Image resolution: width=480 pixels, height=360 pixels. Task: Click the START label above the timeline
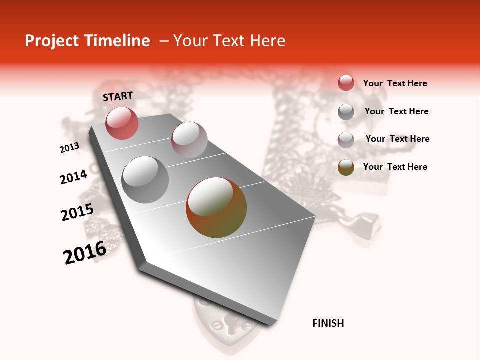click(118, 96)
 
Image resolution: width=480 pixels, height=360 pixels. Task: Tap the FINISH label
click(328, 323)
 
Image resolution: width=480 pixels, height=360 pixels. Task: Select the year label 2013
click(69, 148)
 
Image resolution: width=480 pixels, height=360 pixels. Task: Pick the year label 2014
click(73, 177)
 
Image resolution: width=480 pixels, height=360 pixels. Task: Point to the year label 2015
click(77, 212)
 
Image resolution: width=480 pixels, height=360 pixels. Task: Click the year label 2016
click(85, 253)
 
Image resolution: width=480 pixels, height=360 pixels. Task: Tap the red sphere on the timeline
click(122, 123)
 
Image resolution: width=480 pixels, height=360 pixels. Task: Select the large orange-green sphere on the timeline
click(216, 207)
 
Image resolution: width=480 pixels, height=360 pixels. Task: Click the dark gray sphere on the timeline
click(145, 180)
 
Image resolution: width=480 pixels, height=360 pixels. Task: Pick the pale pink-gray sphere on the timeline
click(189, 140)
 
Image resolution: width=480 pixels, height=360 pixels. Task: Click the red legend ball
click(346, 83)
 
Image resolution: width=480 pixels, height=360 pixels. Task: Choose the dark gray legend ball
click(346, 112)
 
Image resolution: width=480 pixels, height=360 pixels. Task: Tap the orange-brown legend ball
click(346, 167)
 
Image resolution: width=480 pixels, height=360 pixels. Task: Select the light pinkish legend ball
click(346, 139)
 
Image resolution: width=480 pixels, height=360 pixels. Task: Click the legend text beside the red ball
click(395, 84)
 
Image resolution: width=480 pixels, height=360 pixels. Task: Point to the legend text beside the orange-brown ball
click(395, 167)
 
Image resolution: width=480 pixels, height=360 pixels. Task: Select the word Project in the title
click(52, 41)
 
